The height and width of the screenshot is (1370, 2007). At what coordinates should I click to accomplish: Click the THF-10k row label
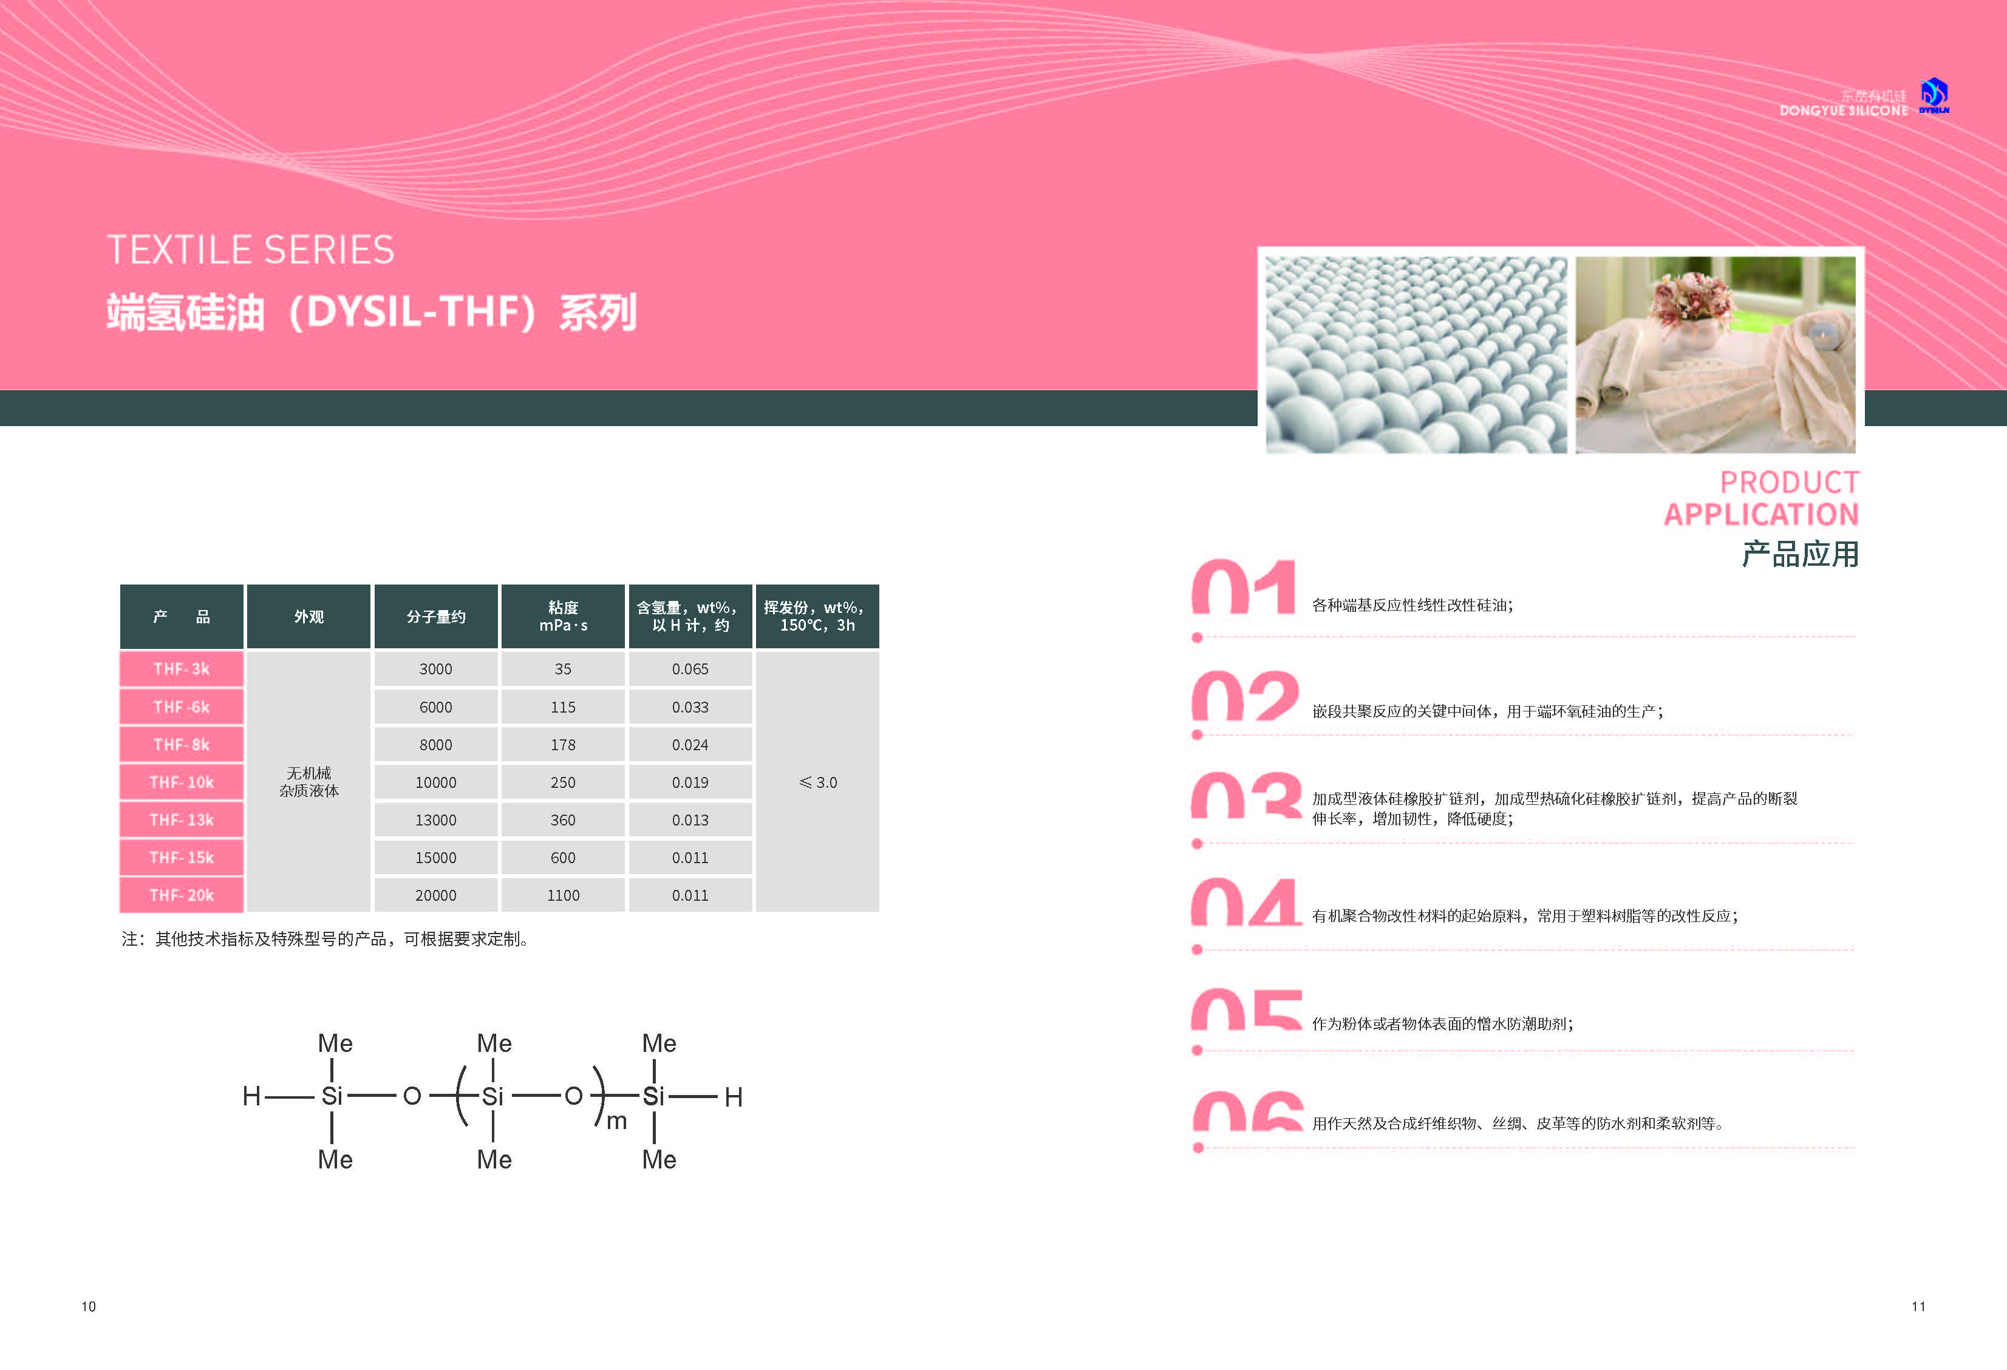(182, 782)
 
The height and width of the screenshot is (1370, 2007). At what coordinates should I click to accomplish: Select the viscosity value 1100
(563, 895)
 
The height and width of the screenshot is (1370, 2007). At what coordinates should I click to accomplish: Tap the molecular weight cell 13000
(435, 820)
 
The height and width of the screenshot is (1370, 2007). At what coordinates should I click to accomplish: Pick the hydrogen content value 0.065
(690, 669)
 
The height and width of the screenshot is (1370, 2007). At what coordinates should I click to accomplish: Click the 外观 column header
(308, 616)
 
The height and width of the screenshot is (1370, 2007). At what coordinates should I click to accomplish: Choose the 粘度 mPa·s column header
(563, 616)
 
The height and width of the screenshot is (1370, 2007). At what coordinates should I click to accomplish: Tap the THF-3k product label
(182, 669)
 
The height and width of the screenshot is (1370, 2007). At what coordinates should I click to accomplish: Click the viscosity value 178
(563, 744)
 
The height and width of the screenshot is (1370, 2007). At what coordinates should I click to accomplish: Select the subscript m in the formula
(616, 1121)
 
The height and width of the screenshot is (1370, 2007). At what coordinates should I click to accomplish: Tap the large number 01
(1244, 586)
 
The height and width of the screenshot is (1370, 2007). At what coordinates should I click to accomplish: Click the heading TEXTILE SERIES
(250, 250)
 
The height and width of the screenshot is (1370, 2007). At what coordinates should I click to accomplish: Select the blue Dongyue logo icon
(1935, 94)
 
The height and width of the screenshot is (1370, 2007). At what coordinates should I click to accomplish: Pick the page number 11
(1918, 1306)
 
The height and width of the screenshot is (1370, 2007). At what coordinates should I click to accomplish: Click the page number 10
(89, 1306)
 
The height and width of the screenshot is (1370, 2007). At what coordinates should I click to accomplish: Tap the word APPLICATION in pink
(1762, 515)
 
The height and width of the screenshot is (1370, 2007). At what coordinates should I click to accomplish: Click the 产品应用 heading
(1801, 554)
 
